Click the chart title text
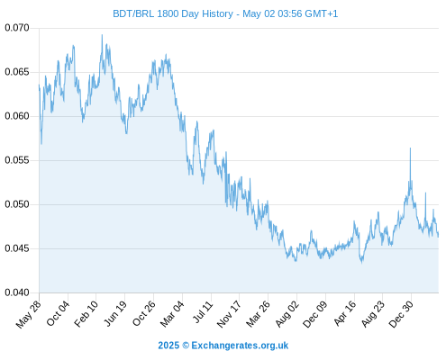click(225, 13)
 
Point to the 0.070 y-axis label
click(17, 28)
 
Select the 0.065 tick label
click(17, 72)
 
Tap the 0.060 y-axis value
click(17, 116)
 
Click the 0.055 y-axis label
click(17, 160)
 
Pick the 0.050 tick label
click(17, 204)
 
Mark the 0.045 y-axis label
click(17, 248)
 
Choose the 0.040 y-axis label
click(17, 292)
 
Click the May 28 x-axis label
click(28, 314)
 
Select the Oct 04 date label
click(58, 313)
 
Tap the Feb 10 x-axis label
click(86, 314)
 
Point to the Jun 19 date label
click(114, 313)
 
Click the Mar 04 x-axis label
click(172, 314)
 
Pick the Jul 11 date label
click(203, 312)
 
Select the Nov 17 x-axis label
click(229, 314)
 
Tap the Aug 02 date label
click(287, 314)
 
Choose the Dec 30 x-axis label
click(401, 314)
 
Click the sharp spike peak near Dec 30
click(410, 148)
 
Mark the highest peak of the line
click(102, 35)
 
